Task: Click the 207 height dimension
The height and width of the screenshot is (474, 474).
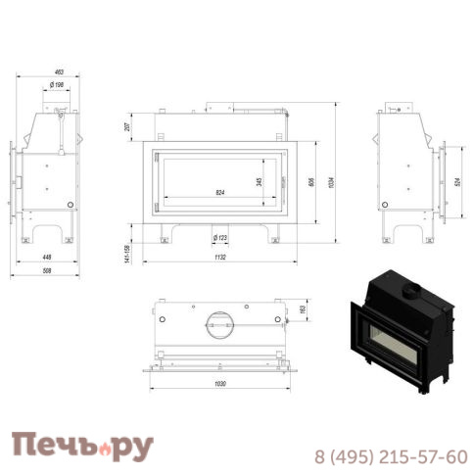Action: click(x=129, y=127)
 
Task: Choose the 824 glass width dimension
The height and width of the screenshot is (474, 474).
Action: click(x=220, y=192)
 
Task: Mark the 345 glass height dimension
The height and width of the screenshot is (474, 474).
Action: click(x=260, y=181)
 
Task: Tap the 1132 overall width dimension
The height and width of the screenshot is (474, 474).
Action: click(x=220, y=261)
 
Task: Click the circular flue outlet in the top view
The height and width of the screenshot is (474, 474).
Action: click(x=219, y=320)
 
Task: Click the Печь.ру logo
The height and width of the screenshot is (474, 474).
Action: click(x=82, y=448)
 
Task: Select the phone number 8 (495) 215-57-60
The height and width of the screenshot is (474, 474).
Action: click(x=391, y=456)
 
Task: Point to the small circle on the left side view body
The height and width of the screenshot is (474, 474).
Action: click(x=69, y=205)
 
